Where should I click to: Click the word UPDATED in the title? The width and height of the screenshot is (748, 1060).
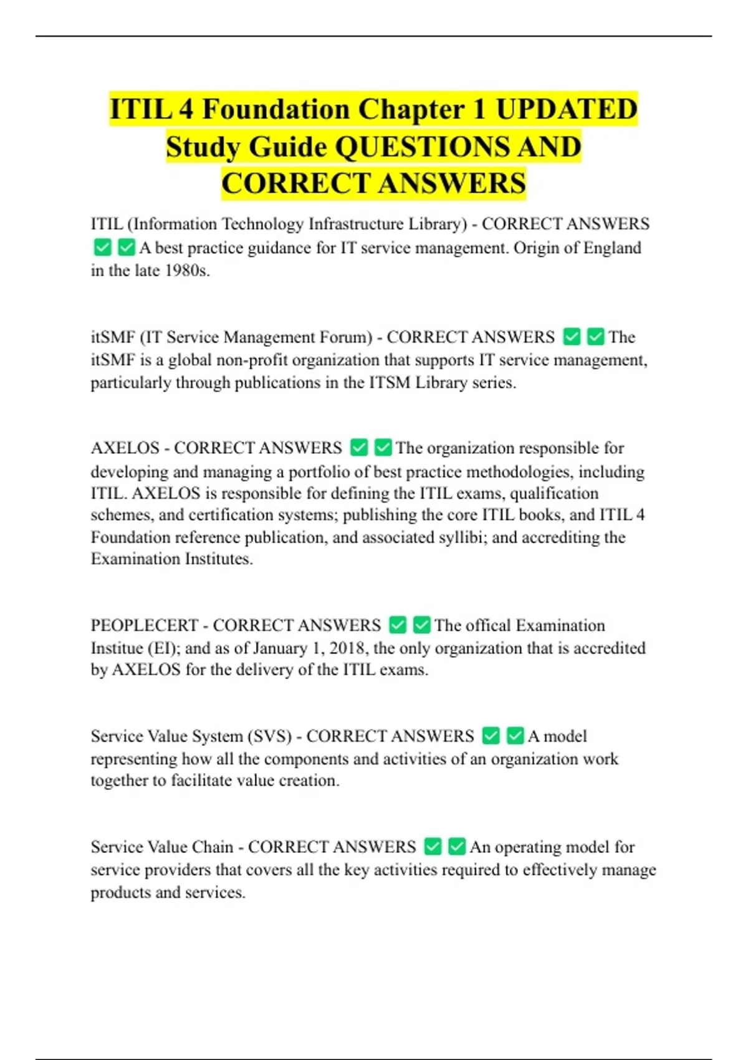click(x=566, y=110)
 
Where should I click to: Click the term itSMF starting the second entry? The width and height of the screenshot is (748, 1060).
click(x=113, y=337)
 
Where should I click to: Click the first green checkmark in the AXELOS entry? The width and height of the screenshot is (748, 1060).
click(x=359, y=448)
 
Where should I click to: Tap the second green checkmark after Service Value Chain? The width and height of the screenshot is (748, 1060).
click(x=457, y=847)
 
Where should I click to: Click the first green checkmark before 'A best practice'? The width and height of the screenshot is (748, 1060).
click(x=102, y=248)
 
